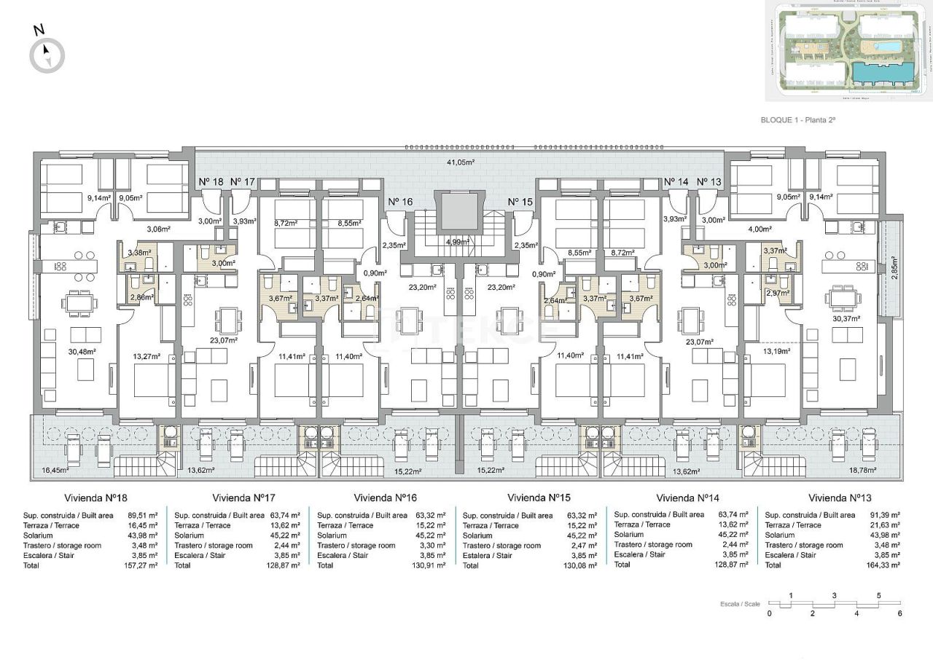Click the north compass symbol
tap(47, 55)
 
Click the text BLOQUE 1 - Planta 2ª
tap(797, 121)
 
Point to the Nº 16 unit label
tap(400, 202)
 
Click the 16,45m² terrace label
tap(55, 471)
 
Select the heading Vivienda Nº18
tap(95, 499)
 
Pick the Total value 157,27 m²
tap(141, 565)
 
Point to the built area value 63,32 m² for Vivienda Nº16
tap(431, 515)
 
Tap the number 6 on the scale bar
tap(900, 613)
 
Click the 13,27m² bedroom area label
tap(147, 357)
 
